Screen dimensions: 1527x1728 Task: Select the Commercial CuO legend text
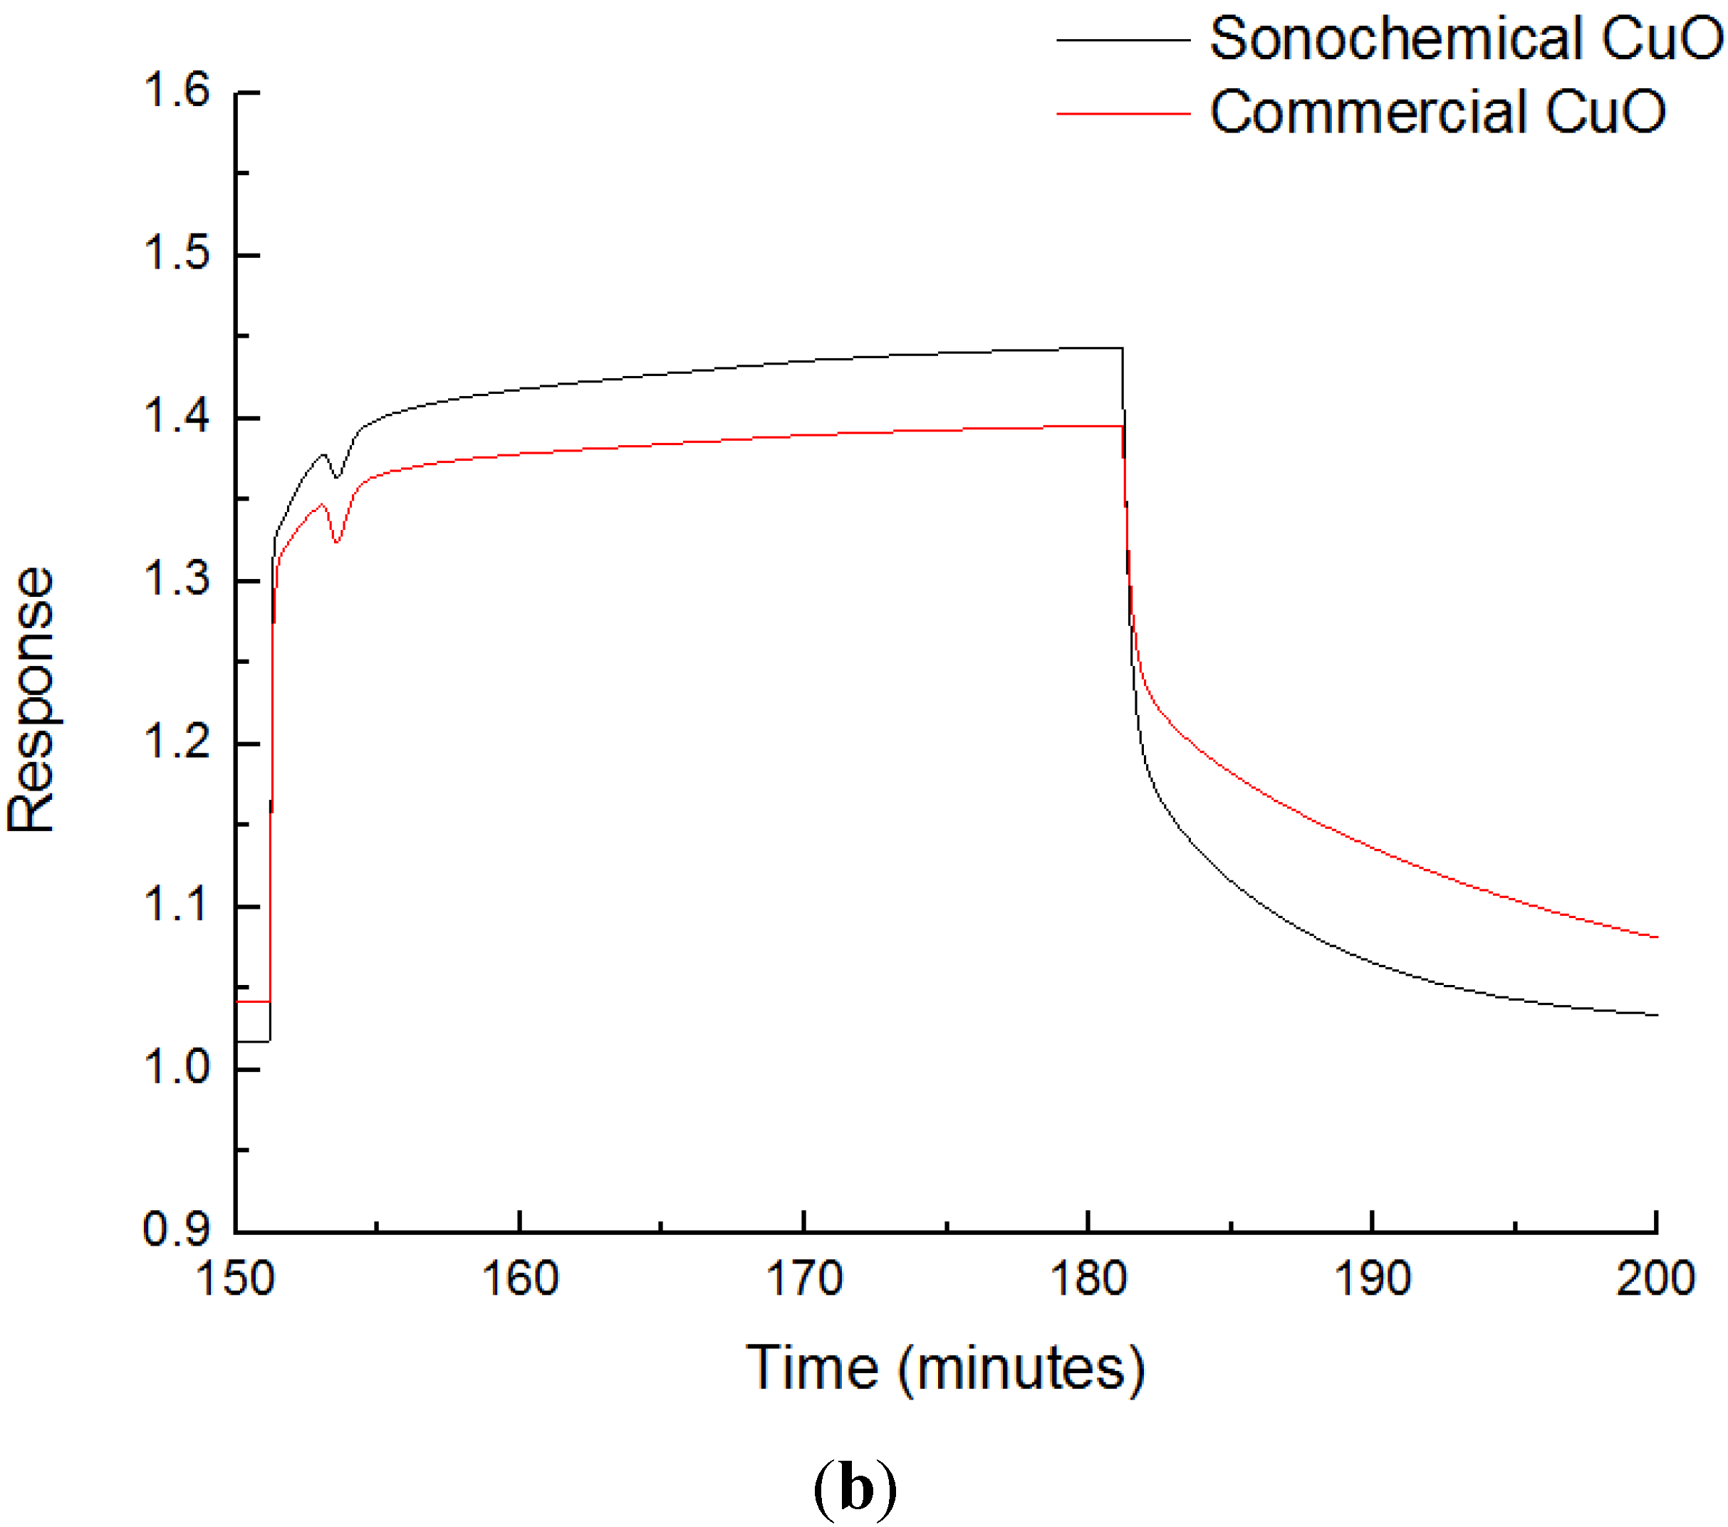[x=1437, y=112]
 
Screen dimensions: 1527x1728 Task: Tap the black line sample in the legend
[x=1123, y=40]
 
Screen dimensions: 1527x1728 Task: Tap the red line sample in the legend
[x=1123, y=113]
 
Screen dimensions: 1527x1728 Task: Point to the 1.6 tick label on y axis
[x=177, y=90]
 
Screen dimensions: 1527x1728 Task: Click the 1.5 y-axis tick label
[x=177, y=253]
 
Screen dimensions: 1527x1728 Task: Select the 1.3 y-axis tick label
[x=177, y=579]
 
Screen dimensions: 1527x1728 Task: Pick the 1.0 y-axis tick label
[x=177, y=1067]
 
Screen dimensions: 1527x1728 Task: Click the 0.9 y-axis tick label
[x=177, y=1229]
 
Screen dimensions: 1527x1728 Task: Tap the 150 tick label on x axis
[x=235, y=1278]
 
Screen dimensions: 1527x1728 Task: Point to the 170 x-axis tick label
[x=804, y=1278]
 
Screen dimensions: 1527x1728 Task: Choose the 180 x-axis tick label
[x=1088, y=1278]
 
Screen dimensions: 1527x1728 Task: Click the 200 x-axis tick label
[x=1655, y=1278]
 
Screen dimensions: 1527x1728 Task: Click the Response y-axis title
[x=32, y=699]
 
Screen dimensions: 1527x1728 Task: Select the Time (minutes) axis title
[x=945, y=1368]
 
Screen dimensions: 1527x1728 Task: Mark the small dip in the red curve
[x=336, y=541]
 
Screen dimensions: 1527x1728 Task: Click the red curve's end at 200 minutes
[x=1655, y=937]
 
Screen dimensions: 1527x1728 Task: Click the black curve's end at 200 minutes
[x=1655, y=1015]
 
